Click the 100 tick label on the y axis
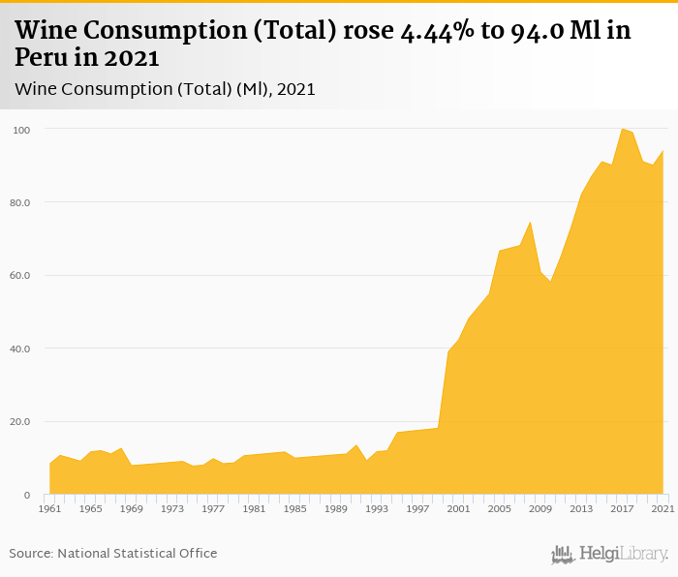tap(22, 130)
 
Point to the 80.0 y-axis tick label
tap(21, 202)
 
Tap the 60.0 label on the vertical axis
tap(21, 276)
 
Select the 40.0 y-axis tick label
tap(21, 349)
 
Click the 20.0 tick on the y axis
tap(21, 422)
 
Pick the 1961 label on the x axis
tap(49, 508)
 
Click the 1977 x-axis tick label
tap(213, 508)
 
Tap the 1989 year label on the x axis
tap(336, 508)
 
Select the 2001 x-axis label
tap(458, 508)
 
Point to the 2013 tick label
tap(581, 508)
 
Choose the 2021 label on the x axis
tap(663, 508)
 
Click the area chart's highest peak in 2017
tap(622, 129)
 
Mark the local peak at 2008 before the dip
tap(530, 222)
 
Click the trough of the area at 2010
tap(550, 281)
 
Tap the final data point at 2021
tap(663, 150)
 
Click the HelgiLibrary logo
tap(609, 554)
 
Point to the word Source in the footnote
tap(31, 554)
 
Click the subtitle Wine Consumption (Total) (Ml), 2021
tap(165, 89)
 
